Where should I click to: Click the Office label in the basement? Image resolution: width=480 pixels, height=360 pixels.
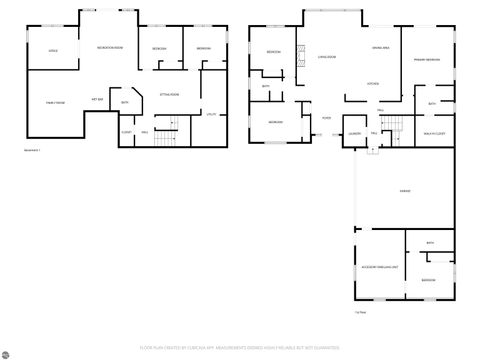point(52,50)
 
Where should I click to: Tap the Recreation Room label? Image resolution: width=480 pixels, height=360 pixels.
point(110,48)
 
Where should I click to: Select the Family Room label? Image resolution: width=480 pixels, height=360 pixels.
point(55,102)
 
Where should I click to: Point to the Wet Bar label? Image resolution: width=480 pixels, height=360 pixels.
point(99,100)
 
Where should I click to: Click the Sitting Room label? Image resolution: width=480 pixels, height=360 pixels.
point(169,94)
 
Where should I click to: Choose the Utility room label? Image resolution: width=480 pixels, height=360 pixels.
point(211,115)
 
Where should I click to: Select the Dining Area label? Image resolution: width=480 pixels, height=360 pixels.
point(380,48)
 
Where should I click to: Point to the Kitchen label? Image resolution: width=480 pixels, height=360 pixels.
point(372,83)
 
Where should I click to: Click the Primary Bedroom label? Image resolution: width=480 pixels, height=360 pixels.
point(427,60)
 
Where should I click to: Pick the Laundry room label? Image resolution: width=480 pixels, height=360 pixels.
point(354,132)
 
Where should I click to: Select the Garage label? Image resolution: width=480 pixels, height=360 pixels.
point(405,189)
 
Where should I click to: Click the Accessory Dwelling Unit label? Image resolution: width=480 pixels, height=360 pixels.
point(373,268)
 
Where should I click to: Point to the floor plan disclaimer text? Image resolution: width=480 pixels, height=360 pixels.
point(240,347)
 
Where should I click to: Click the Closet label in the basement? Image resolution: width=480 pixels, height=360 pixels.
point(127,131)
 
